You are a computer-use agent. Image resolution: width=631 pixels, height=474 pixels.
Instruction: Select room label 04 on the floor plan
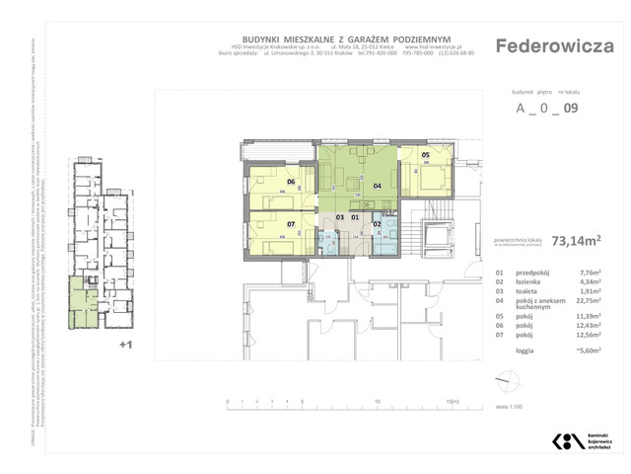[377, 185]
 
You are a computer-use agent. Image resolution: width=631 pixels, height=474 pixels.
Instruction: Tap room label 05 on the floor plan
[426, 155]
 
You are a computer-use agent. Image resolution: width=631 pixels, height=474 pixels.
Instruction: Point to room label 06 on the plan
[291, 182]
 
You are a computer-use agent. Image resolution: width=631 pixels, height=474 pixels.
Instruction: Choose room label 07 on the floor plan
[291, 223]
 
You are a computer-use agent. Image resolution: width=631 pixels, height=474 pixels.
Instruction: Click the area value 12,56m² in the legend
[593, 336]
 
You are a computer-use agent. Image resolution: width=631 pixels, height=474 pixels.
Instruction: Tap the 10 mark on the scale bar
[378, 402]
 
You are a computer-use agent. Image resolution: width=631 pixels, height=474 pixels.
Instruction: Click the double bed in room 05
[431, 178]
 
